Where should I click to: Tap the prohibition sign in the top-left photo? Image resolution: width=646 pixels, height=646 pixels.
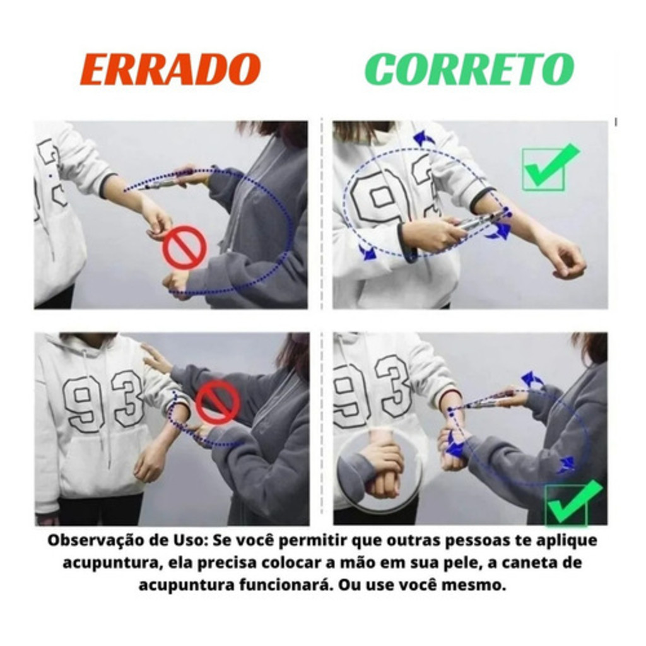185,247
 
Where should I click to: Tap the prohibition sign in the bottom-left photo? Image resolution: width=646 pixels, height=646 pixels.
217,402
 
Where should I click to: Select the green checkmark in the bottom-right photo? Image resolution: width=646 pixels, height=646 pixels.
573,503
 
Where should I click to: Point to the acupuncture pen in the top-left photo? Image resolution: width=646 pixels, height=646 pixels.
163,184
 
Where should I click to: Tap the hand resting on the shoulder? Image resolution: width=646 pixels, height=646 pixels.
156,358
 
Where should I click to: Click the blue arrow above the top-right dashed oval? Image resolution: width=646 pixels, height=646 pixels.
423,138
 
